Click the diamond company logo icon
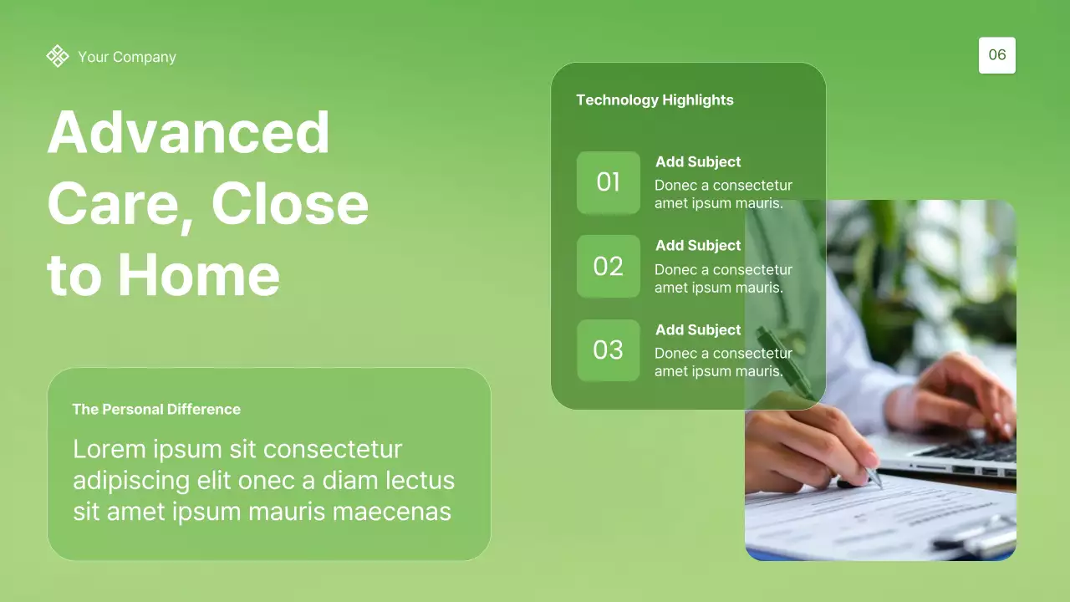tap(58, 56)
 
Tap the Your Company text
tap(127, 57)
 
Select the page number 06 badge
tap(997, 55)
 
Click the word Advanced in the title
tap(189, 132)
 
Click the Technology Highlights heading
tap(655, 100)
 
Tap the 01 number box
tap(609, 182)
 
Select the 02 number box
tap(609, 267)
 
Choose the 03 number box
tap(609, 350)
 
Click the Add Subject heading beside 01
tap(698, 162)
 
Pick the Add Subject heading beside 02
tap(698, 246)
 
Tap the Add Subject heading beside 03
tap(698, 330)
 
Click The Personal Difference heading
tap(156, 410)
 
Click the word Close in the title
tap(289, 204)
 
